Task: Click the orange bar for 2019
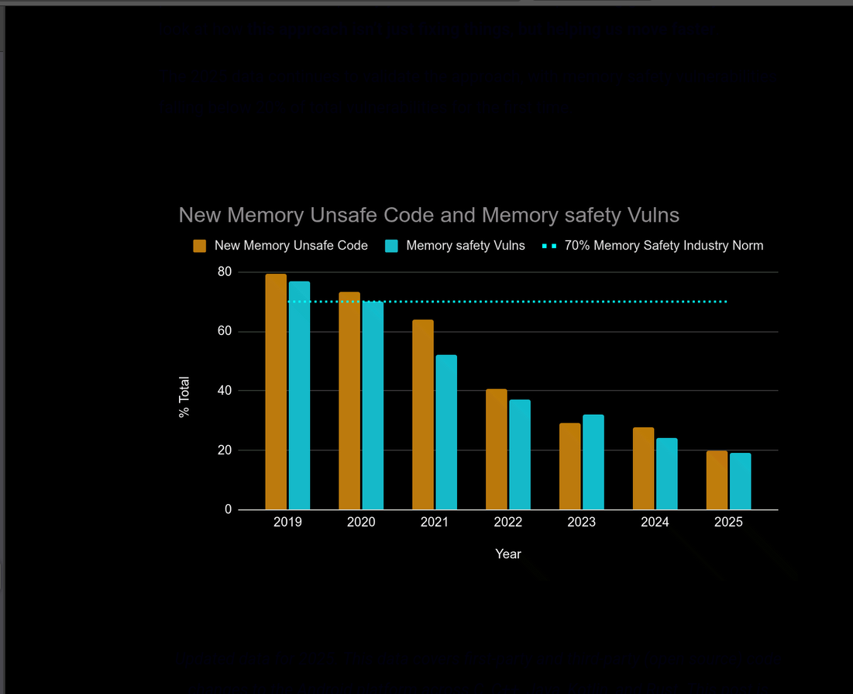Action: pos(276,392)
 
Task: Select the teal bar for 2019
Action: pos(299,395)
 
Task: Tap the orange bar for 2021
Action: pos(423,415)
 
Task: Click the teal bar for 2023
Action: pos(593,462)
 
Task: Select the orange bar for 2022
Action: pos(497,449)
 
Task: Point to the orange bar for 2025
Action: pos(717,480)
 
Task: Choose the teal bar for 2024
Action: pos(666,474)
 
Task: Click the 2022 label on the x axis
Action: pos(508,523)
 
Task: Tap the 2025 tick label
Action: pos(728,523)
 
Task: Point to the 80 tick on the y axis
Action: pos(225,272)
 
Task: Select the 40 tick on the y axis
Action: pos(225,391)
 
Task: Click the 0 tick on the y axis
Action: pos(229,509)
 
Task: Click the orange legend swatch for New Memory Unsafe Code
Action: pos(200,246)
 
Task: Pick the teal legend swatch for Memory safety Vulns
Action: pos(391,246)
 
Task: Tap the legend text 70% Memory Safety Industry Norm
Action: pos(664,246)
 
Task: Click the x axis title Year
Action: pos(508,554)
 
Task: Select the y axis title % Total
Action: pos(184,397)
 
